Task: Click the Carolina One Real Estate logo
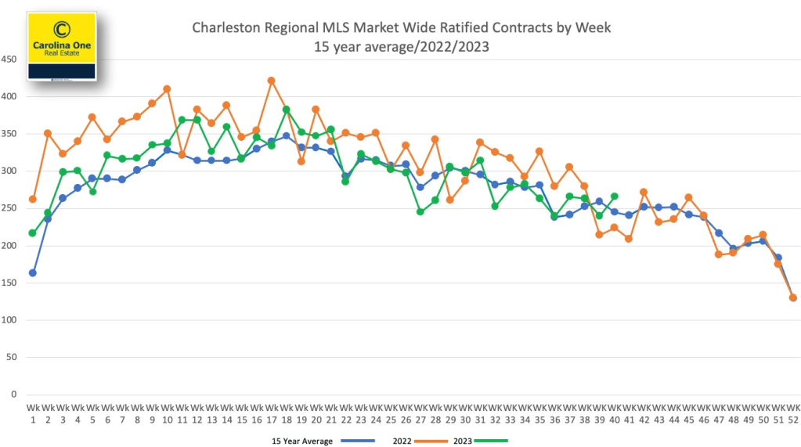click(x=62, y=45)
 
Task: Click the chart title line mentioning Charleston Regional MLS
click(x=401, y=28)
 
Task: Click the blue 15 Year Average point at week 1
click(x=33, y=273)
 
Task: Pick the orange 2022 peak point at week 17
click(x=271, y=80)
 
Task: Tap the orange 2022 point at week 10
click(x=167, y=89)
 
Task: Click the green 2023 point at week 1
click(x=33, y=233)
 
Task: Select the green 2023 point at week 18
click(x=286, y=110)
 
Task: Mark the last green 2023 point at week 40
click(x=614, y=196)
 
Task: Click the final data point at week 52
click(x=792, y=297)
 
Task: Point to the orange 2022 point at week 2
click(x=48, y=133)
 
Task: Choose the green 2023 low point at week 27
click(x=420, y=211)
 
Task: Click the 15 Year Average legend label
click(x=301, y=441)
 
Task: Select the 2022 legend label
click(x=403, y=441)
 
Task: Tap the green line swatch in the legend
click(x=492, y=441)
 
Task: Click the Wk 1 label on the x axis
click(x=33, y=412)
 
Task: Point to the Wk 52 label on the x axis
click(x=792, y=412)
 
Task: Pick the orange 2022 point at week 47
click(x=718, y=254)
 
